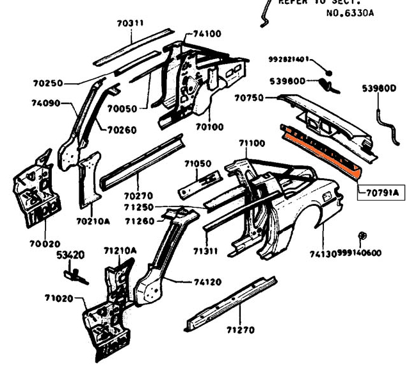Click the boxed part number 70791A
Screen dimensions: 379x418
381,191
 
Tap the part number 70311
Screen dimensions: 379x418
130,24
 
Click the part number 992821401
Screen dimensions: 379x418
288,60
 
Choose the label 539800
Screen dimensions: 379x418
287,81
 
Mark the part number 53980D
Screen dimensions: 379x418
380,88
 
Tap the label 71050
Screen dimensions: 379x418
198,164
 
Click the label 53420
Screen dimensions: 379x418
70,255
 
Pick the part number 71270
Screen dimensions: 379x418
240,330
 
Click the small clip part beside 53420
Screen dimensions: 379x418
76,274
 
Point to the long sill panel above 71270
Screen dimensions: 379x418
230,302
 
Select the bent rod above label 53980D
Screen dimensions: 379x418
388,125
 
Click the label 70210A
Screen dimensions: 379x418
93,221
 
